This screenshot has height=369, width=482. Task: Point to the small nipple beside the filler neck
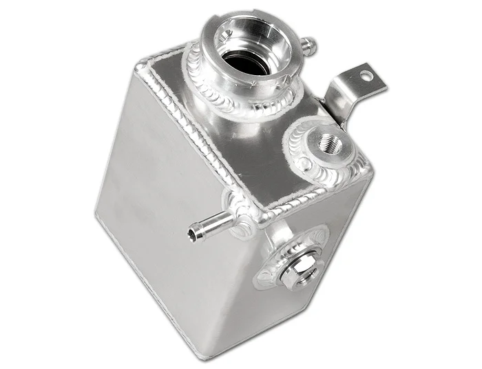click(308, 46)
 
